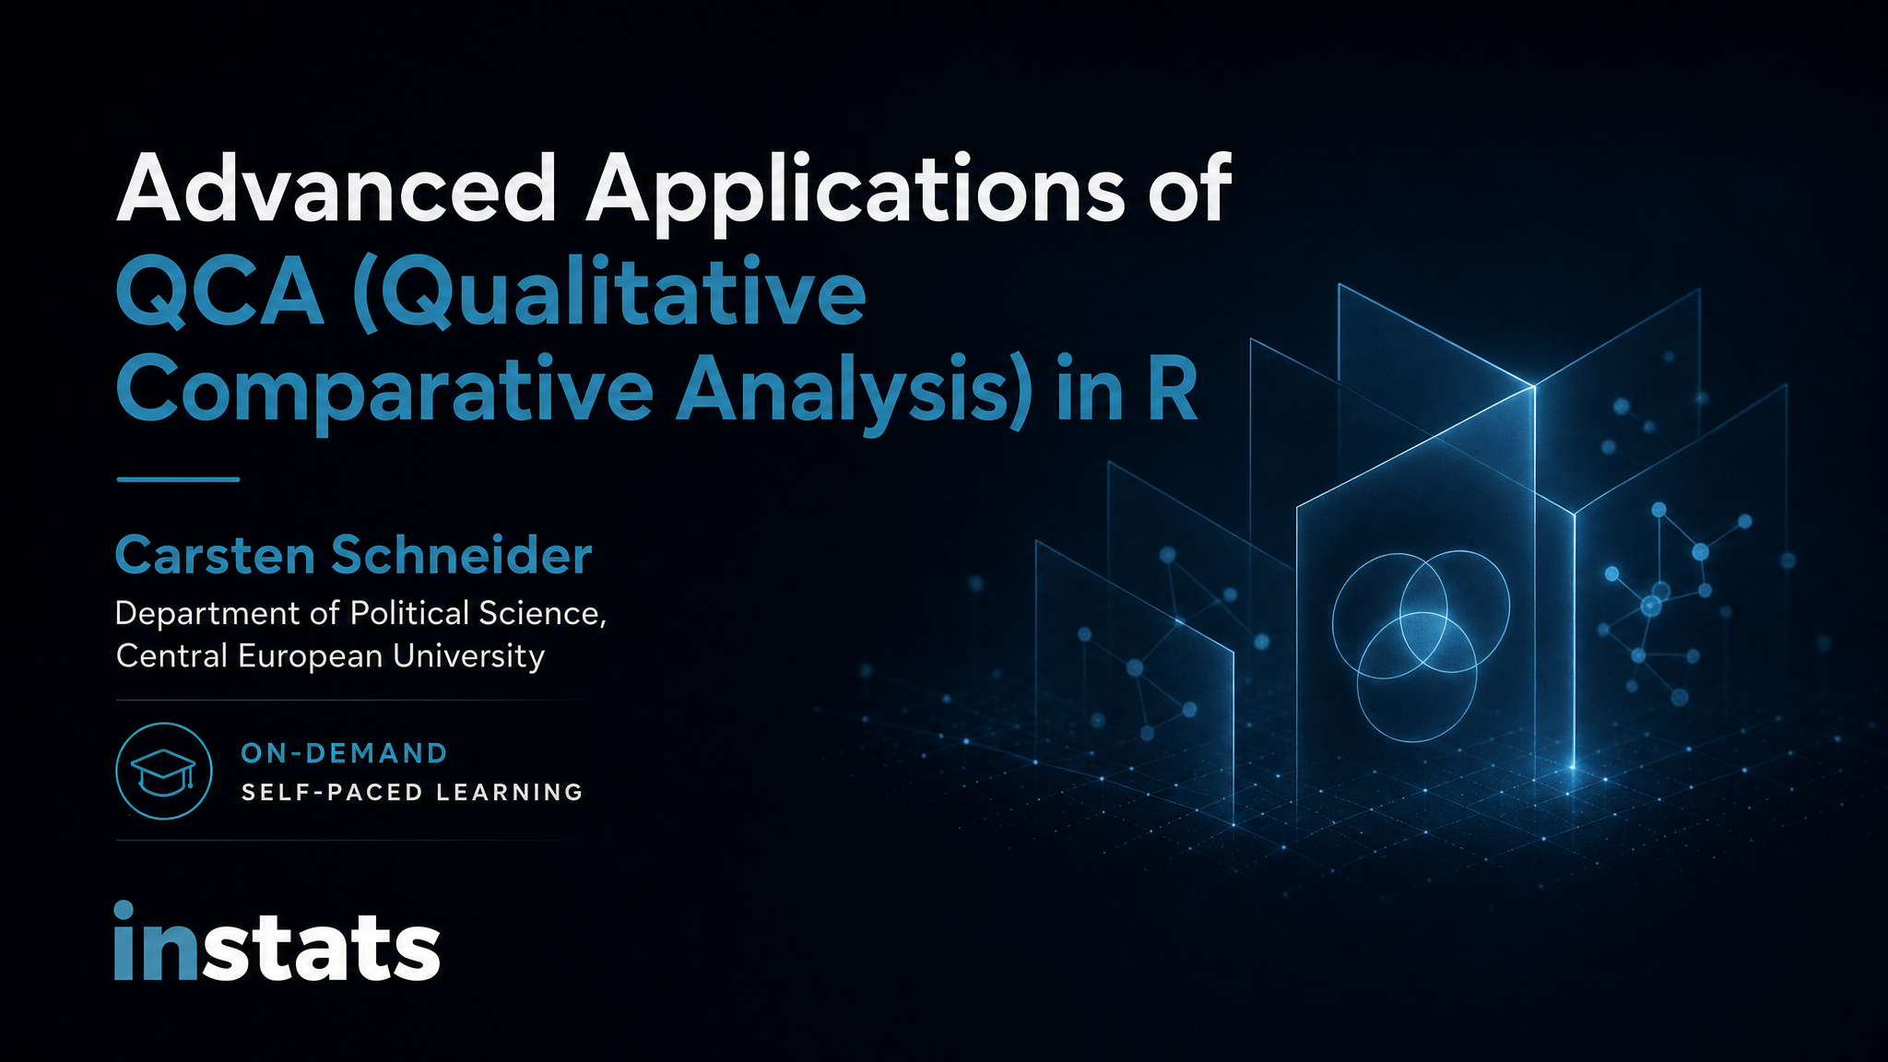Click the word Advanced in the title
pos(336,188)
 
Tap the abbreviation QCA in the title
pos(220,293)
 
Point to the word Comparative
pos(385,393)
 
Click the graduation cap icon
pos(164,771)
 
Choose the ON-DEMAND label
pos(344,753)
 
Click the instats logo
pos(277,941)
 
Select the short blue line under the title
pos(178,479)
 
